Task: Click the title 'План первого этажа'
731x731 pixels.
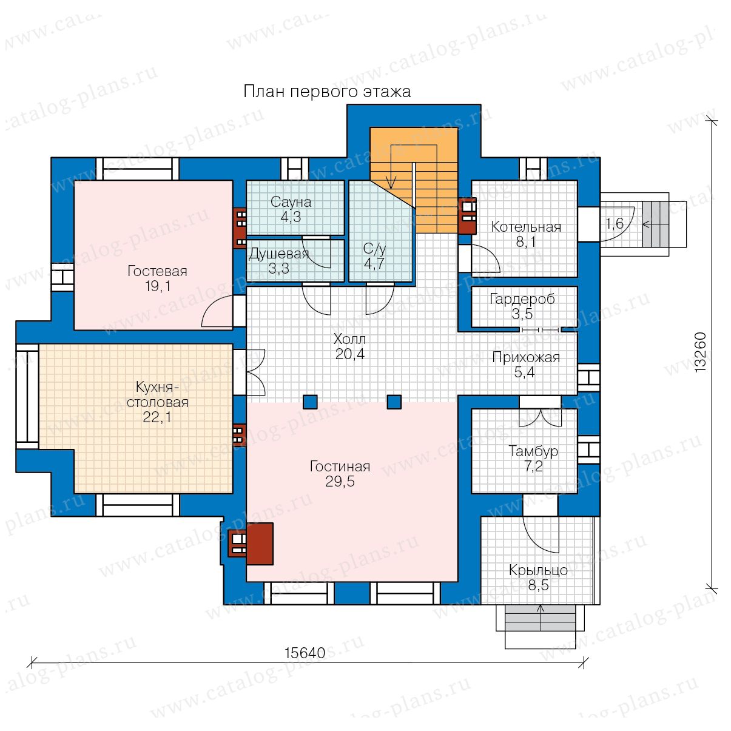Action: coord(326,92)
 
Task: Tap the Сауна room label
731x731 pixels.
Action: coord(291,202)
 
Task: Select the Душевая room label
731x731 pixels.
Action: coord(279,254)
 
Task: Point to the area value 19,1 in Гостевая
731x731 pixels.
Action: coord(158,286)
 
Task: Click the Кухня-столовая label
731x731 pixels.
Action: coord(158,395)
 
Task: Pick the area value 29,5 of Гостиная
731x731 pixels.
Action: coord(340,482)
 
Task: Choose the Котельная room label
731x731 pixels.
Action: coord(526,227)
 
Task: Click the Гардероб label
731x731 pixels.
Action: coord(522,299)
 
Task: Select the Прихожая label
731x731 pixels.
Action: coord(526,358)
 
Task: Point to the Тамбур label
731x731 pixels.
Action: coord(533,452)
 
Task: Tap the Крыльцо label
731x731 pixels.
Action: coord(538,570)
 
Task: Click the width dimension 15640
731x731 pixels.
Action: coord(305,653)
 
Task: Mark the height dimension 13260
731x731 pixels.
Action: coord(700,352)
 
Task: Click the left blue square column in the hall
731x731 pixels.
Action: coord(310,402)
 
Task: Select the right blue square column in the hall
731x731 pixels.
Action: coord(394,402)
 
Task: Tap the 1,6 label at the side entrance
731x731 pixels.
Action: coord(615,224)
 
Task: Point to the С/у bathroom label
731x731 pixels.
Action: coord(374,249)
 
